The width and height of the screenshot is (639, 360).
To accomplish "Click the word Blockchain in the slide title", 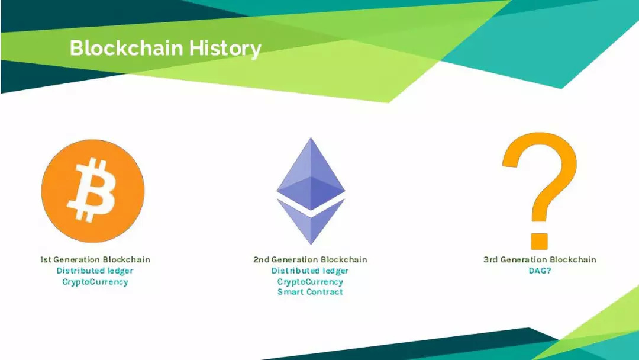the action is pyautogui.click(x=127, y=48).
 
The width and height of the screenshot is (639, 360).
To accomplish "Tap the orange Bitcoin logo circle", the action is pyautogui.click(x=93, y=191).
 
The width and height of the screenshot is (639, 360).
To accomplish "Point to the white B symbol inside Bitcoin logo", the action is pyautogui.click(x=92, y=189).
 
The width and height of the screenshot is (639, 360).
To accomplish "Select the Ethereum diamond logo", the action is pyautogui.click(x=311, y=191).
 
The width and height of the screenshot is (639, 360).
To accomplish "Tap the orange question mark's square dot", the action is pyautogui.click(x=539, y=242).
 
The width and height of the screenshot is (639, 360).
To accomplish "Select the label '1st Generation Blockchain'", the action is pyautogui.click(x=95, y=259).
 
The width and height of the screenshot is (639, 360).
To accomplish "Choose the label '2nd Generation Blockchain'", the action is pyautogui.click(x=310, y=259).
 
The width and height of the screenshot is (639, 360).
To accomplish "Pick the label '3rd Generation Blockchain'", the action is pyautogui.click(x=540, y=259).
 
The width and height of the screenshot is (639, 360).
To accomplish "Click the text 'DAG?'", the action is pyautogui.click(x=540, y=271).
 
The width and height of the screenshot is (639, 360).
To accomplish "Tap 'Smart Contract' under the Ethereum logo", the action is pyautogui.click(x=310, y=291).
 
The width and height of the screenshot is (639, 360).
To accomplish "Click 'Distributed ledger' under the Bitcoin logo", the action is pyautogui.click(x=95, y=271).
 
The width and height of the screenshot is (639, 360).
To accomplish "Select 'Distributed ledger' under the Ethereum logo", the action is pyautogui.click(x=310, y=271).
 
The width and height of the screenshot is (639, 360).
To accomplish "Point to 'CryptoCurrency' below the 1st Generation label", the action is pyautogui.click(x=95, y=282).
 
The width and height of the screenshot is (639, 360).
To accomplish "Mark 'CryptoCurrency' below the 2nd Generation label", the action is pyautogui.click(x=310, y=282).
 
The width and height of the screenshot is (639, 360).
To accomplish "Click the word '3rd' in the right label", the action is pyautogui.click(x=490, y=259).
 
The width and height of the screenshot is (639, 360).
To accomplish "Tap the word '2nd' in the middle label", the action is pyautogui.click(x=262, y=259).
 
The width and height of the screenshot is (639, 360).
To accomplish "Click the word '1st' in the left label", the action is pyautogui.click(x=46, y=259).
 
